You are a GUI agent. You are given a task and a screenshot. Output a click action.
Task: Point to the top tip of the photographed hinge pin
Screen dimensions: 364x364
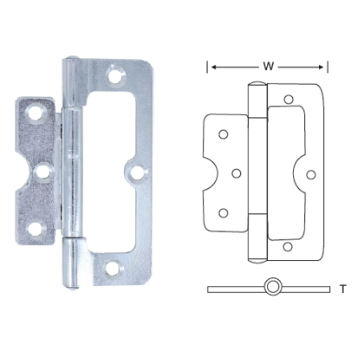pyautogui.click(x=73, y=61)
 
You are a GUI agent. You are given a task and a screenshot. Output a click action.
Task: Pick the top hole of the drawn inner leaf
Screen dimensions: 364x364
pyautogui.click(x=224, y=134)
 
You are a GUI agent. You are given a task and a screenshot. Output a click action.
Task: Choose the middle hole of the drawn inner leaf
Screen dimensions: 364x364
pyautogui.click(x=236, y=172)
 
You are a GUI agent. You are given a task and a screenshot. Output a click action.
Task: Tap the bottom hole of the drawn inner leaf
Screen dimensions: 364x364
pyautogui.click(x=224, y=211)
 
